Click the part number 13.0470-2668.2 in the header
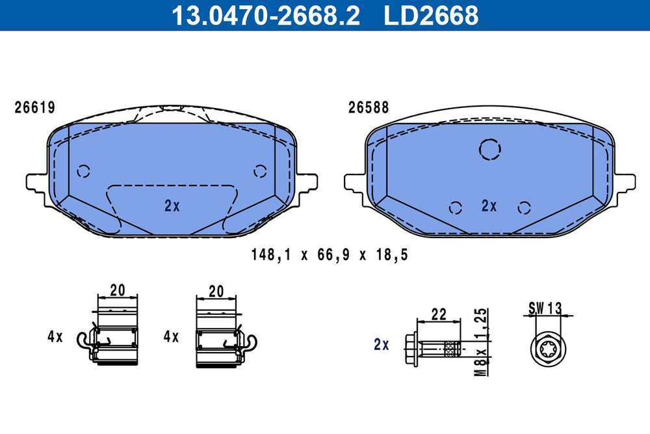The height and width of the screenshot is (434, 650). [x=266, y=16]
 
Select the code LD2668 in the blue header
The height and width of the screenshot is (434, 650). [x=431, y=16]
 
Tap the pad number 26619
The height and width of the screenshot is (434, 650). [x=35, y=107]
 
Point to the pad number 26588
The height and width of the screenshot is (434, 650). [x=369, y=107]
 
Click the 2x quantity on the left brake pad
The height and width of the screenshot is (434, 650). [x=172, y=206]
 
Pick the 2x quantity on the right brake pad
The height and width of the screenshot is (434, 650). [x=489, y=206]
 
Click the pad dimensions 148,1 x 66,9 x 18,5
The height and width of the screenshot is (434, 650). [x=330, y=254]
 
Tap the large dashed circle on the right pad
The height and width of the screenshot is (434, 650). [x=490, y=150]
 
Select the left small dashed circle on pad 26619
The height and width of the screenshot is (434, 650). [x=84, y=171]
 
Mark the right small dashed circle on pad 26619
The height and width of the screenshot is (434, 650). [x=261, y=171]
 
